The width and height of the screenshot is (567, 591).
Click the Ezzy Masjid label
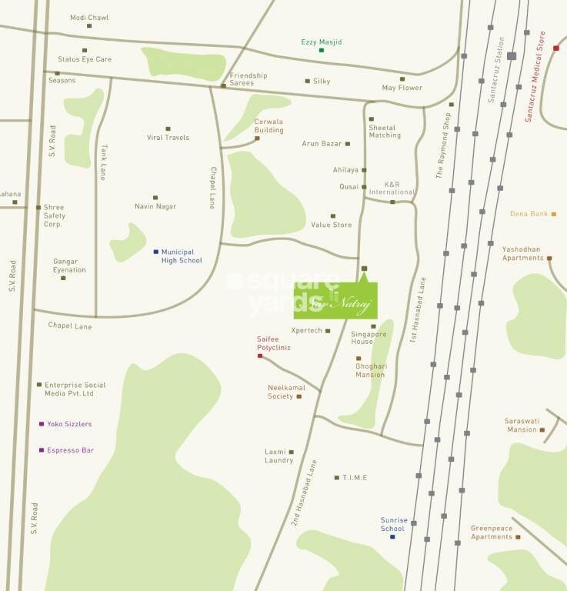click(321, 42)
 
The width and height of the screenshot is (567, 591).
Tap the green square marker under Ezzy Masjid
click(322, 51)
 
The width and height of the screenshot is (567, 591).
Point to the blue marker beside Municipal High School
click(155, 252)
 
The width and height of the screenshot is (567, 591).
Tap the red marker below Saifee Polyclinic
click(260, 356)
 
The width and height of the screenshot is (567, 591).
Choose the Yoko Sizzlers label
click(69, 424)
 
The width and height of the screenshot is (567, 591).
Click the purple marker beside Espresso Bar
click(41, 450)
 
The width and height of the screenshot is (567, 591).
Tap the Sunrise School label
click(393, 525)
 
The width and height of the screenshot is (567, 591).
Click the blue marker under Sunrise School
click(392, 536)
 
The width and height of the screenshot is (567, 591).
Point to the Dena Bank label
click(529, 214)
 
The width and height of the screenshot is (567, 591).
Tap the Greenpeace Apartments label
click(492, 533)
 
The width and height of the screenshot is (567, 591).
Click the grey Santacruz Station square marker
click(512, 55)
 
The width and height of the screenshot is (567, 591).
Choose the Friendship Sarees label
click(248, 79)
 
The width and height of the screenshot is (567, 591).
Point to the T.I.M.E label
click(355, 478)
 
